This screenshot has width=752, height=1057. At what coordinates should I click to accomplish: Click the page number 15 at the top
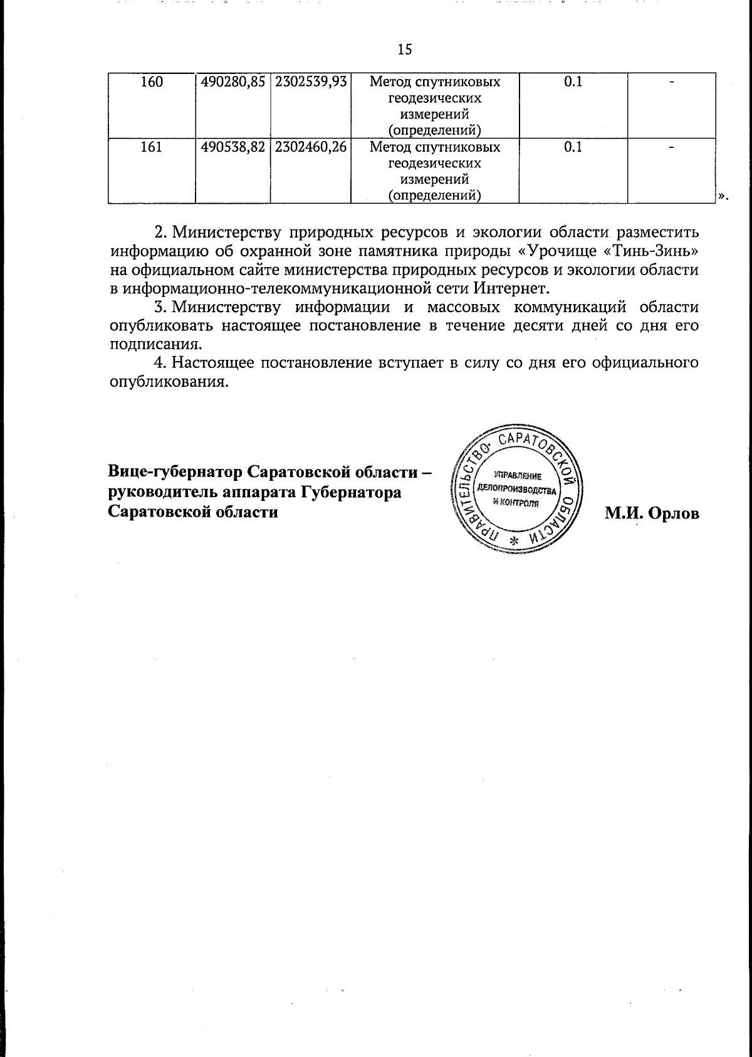pos(405,50)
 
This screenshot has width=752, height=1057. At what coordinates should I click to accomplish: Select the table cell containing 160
pos(151,82)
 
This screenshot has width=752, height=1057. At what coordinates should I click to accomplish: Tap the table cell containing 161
pos(151,147)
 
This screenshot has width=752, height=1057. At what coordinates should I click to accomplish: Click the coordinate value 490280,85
pos(232,82)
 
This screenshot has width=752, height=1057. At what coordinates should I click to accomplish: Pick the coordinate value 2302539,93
pos(311,82)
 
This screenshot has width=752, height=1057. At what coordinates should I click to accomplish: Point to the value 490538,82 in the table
pos(232,147)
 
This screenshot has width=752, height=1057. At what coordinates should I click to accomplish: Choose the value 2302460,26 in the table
pos(311,147)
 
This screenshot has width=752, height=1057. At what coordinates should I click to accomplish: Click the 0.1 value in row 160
pos(573,82)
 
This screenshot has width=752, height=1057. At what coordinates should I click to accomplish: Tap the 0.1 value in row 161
pos(573,147)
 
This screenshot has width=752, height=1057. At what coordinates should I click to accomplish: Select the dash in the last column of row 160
pos(671,82)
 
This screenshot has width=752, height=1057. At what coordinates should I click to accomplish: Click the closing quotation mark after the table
pos(723,196)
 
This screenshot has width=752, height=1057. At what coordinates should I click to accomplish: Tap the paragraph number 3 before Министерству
pos(159,308)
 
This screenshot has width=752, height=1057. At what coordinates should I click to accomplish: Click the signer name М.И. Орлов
pos(651,513)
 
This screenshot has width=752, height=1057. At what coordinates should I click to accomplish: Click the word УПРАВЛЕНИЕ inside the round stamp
pos(516,476)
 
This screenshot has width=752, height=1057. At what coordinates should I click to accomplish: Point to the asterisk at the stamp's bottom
pos(515,541)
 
